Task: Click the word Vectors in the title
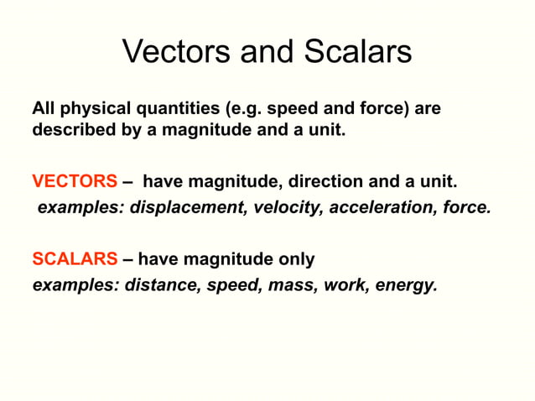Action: click(x=172, y=52)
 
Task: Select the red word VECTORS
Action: click(x=75, y=181)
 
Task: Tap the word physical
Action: click(x=87, y=109)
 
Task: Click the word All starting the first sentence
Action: click(x=44, y=109)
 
